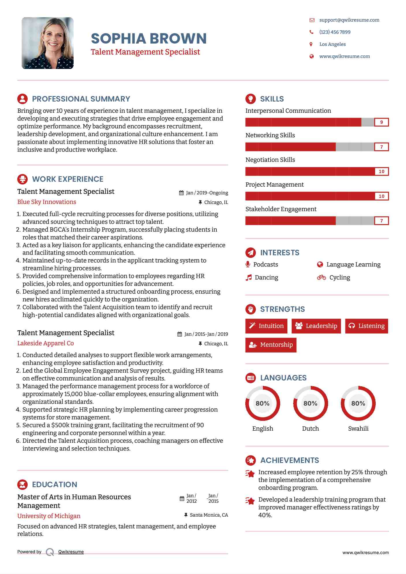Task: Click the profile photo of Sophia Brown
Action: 48,43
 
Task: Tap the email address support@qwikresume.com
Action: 349,20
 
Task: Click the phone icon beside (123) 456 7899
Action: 311,32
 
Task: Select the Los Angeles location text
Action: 332,44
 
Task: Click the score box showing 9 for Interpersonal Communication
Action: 381,122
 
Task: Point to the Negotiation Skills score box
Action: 381,171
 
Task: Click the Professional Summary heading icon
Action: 23,99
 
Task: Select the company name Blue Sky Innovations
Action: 47,202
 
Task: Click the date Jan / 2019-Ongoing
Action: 207,193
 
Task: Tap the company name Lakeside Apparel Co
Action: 46,343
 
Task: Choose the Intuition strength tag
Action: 266,326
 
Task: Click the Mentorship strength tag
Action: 271,345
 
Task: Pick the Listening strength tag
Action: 366,326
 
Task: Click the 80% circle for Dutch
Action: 310,403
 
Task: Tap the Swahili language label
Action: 358,428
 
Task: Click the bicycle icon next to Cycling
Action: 321,277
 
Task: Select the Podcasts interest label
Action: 265,265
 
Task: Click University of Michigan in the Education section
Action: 49,516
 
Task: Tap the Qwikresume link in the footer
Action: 71,552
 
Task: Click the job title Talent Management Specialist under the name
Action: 145,52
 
